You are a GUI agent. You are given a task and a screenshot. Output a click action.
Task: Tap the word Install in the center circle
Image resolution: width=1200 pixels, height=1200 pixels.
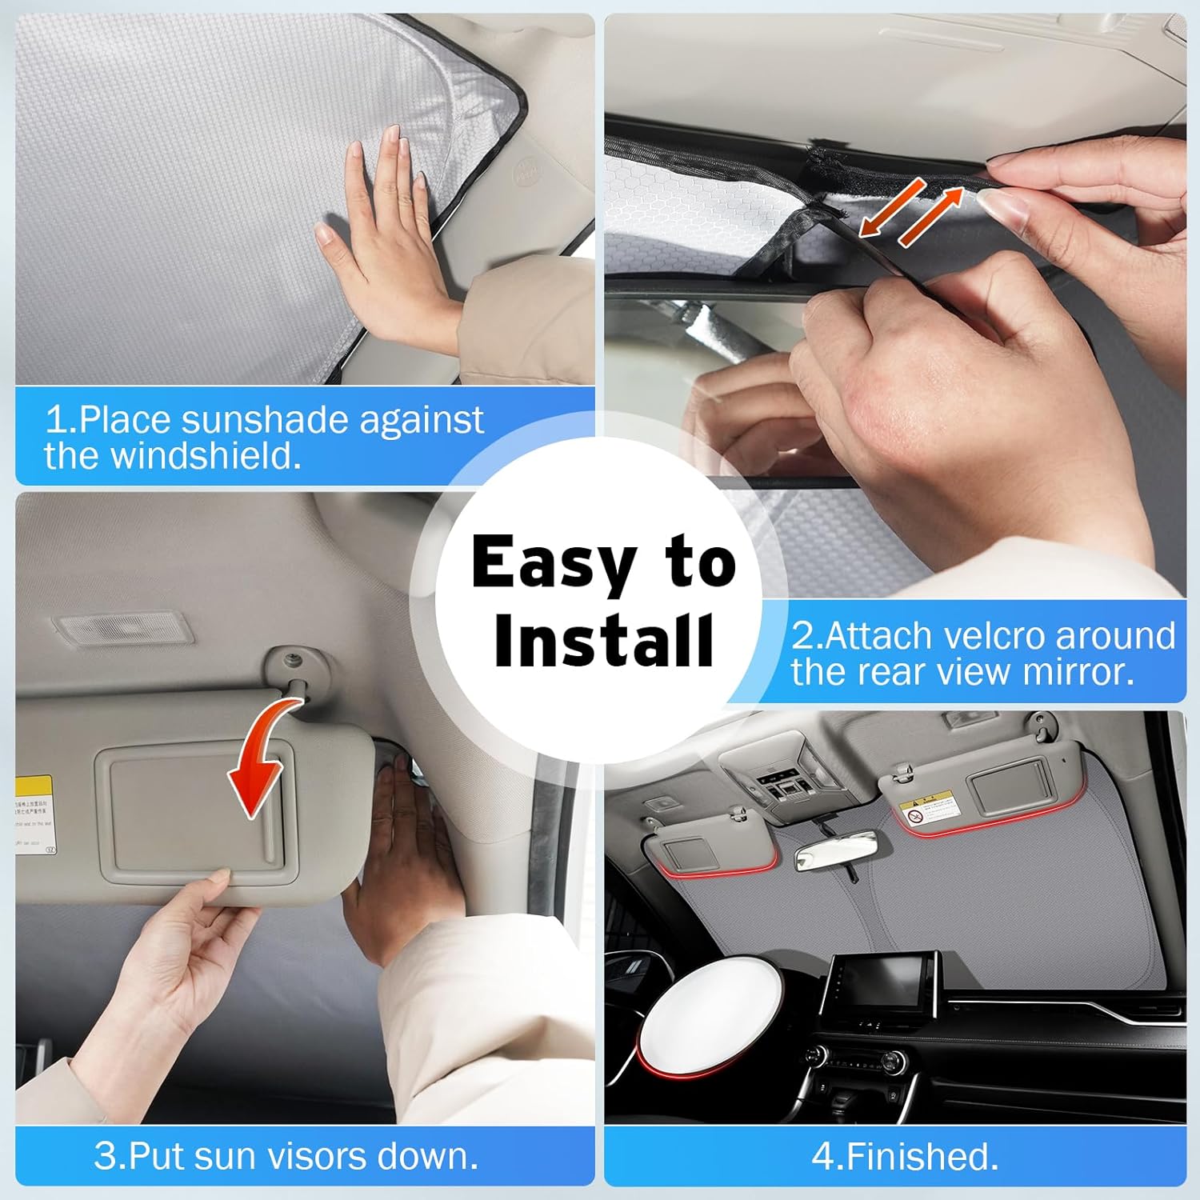(x=603, y=641)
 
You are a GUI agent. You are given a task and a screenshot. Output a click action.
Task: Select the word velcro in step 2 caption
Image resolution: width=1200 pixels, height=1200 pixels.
(x=994, y=637)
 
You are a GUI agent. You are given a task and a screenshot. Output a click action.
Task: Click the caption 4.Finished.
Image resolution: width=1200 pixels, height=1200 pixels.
(x=905, y=1156)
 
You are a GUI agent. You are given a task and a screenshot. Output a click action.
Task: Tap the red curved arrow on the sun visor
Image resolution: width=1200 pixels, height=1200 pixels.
(x=261, y=760)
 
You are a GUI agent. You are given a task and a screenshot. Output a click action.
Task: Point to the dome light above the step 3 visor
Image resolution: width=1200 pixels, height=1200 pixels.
(x=118, y=630)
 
